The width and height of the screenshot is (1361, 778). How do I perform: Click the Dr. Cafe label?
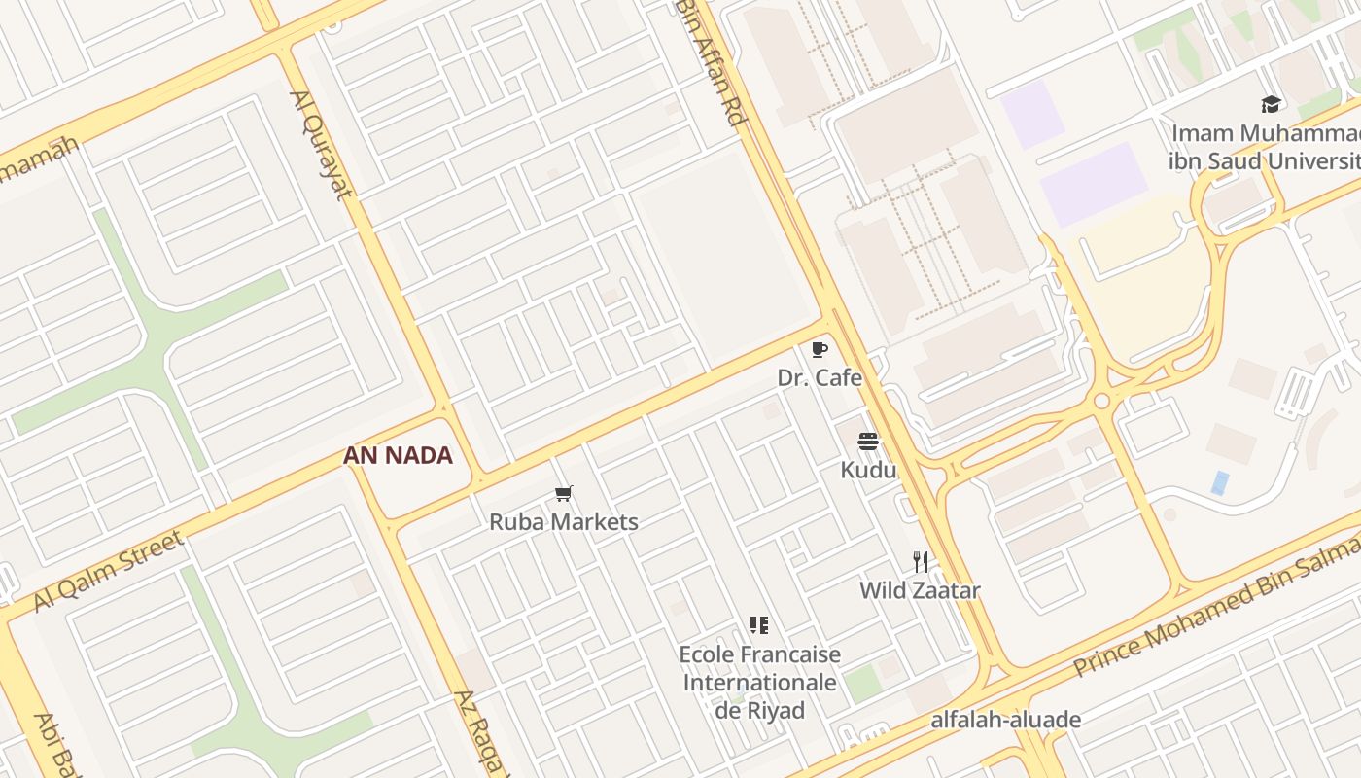pos(820,377)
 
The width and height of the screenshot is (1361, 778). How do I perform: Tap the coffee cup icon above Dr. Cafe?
pos(820,349)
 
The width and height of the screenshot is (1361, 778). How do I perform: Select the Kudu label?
pos(868,470)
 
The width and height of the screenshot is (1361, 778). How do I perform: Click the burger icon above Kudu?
pos(868,442)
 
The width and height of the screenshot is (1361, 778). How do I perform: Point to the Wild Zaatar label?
pos(920,589)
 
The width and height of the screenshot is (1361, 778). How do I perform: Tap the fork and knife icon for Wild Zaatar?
pos(921,561)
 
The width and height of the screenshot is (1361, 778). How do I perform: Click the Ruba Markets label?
pos(564,521)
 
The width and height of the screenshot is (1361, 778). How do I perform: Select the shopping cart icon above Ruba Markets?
pos(564,493)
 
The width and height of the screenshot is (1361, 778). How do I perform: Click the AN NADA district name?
pos(399,455)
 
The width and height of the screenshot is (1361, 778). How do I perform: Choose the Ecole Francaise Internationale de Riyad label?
pos(760,682)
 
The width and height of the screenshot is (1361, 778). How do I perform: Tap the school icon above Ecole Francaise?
pos(759,624)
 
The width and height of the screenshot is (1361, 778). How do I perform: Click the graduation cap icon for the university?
pos(1271,104)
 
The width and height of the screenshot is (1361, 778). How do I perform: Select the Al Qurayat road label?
pos(320,145)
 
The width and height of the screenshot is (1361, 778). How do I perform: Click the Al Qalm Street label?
pos(108,571)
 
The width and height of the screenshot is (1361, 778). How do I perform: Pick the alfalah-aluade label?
pos(1005,720)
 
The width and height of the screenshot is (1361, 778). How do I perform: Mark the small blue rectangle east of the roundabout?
pos(1220,482)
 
